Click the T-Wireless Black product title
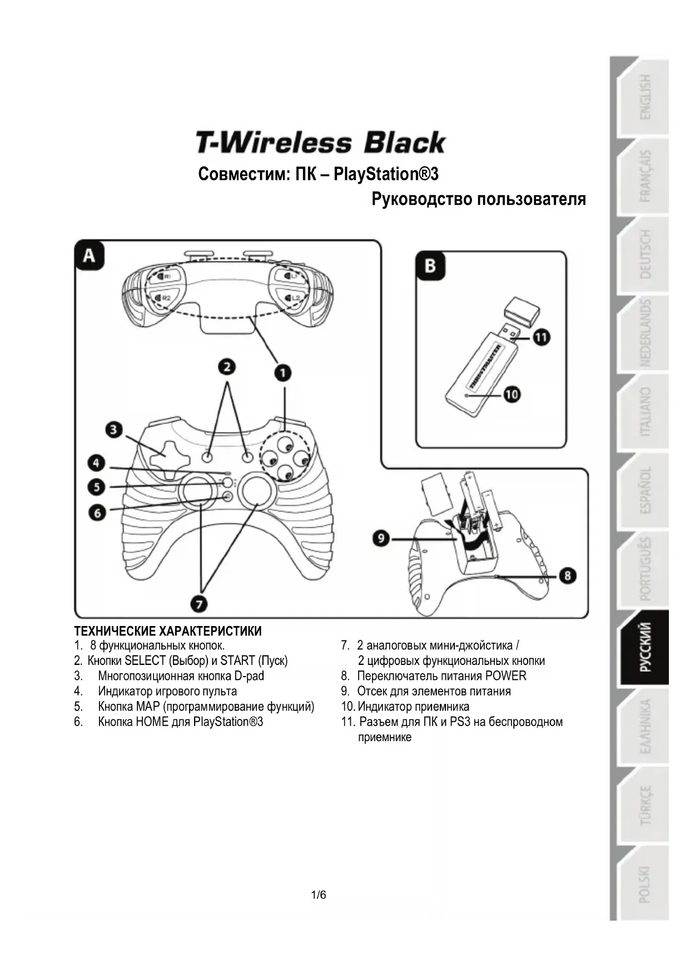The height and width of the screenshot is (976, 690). (320, 142)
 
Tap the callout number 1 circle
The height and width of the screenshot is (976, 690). (283, 372)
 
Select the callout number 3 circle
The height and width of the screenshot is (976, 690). (114, 430)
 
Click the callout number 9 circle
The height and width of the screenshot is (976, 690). (381, 538)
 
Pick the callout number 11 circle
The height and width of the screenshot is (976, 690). (542, 337)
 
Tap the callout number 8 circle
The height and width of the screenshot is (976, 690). (567, 575)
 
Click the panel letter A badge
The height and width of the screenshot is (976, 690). (90, 256)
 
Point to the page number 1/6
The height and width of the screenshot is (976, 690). (319, 895)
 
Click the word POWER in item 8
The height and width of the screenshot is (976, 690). (505, 676)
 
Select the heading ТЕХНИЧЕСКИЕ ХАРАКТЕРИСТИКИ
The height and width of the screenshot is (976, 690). (168, 631)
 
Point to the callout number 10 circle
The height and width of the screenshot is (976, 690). (512, 395)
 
